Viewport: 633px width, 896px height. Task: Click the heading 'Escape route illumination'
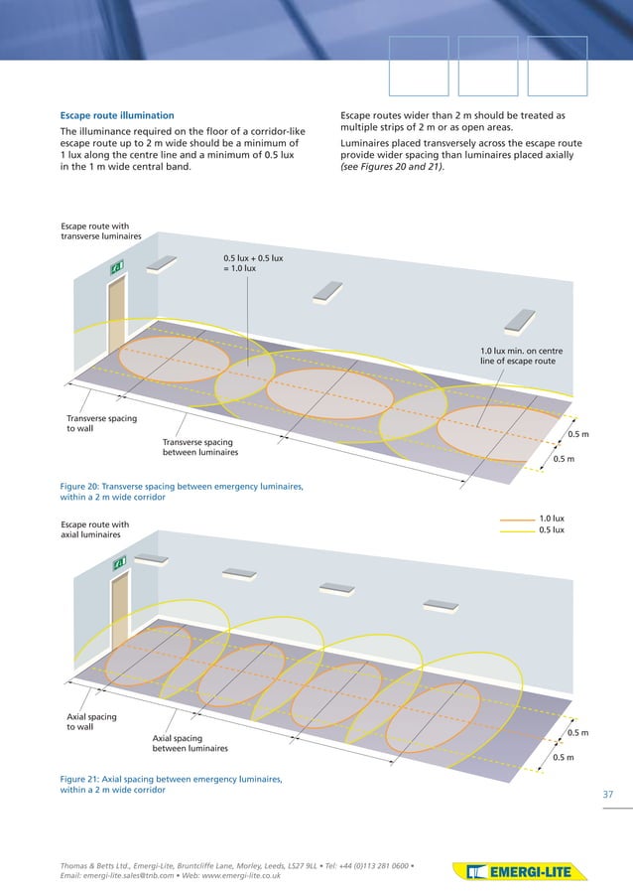coord(117,115)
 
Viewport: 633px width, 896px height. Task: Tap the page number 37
coord(609,794)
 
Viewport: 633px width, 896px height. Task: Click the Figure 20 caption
coord(182,492)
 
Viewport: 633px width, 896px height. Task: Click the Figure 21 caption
coord(171,785)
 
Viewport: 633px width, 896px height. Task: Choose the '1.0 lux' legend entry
coord(551,518)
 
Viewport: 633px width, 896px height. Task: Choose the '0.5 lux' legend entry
coord(551,530)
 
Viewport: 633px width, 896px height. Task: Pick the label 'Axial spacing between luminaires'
coord(190,743)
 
